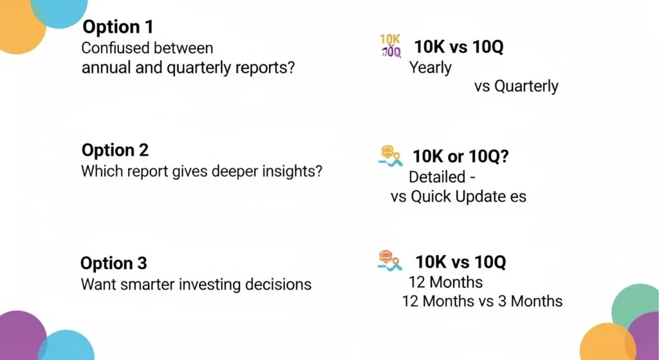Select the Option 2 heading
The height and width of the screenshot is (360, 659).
[x=115, y=151]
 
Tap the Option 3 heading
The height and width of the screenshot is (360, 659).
[x=113, y=263]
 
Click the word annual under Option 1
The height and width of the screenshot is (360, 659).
[x=104, y=68]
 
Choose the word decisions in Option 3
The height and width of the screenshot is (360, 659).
[x=280, y=284]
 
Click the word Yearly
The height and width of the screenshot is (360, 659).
[x=430, y=67]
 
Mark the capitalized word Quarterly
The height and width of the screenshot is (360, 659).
[x=526, y=86]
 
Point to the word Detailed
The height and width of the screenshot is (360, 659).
[x=437, y=176]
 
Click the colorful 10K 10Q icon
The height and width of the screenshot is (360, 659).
[x=390, y=46]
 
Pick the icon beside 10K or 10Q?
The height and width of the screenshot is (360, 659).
[x=390, y=156]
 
